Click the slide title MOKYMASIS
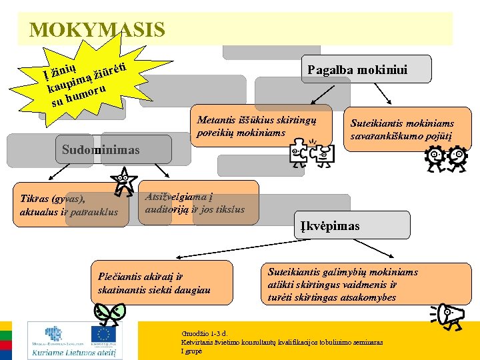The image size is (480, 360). pyautogui.click(x=97, y=30)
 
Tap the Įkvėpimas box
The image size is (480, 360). pyautogui.click(x=326, y=226)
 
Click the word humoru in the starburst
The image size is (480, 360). pyautogui.click(x=85, y=95)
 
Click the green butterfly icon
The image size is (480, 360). pyautogui.click(x=109, y=312)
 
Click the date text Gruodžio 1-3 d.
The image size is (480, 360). pyautogui.click(x=205, y=333)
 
